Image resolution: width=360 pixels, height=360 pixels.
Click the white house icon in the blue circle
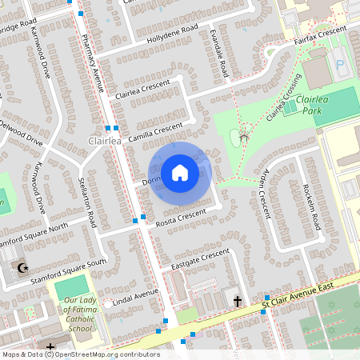[179, 172]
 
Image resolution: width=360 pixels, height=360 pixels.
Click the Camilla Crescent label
[155, 130]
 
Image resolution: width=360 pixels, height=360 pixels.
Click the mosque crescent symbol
[23, 268]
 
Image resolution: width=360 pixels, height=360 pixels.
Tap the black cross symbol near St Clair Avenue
[238, 301]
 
